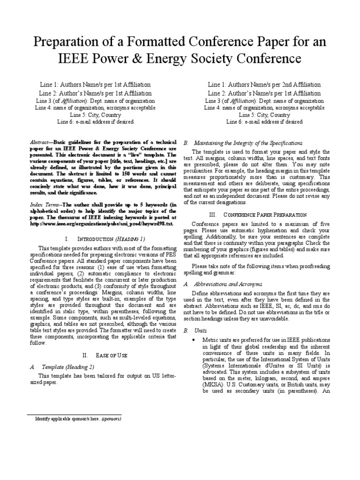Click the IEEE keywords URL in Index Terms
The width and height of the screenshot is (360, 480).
click(x=101, y=224)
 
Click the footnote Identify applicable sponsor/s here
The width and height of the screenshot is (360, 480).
click(x=65, y=419)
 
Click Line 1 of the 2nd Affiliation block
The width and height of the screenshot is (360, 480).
click(x=264, y=85)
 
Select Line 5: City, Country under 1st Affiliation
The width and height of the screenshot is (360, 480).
click(x=95, y=115)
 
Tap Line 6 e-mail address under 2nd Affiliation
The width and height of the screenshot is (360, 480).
click(x=264, y=122)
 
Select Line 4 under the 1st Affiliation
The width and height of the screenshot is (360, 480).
click(x=95, y=108)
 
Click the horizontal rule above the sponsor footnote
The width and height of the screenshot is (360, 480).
click(x=53, y=415)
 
